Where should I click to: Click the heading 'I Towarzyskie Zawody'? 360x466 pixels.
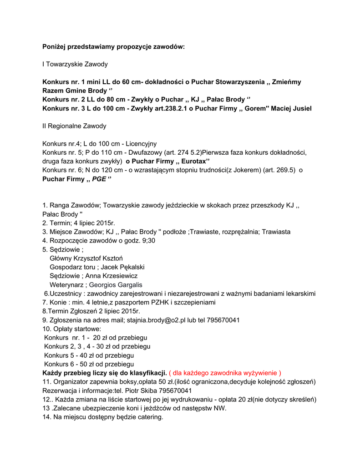[75, 64]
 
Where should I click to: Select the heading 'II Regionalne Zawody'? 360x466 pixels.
[74, 126]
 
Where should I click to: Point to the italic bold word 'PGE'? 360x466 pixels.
[99, 179]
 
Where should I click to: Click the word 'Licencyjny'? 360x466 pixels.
[141, 144]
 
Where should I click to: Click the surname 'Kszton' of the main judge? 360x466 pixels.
[110, 258]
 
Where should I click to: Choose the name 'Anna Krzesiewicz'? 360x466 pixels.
[111, 276]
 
